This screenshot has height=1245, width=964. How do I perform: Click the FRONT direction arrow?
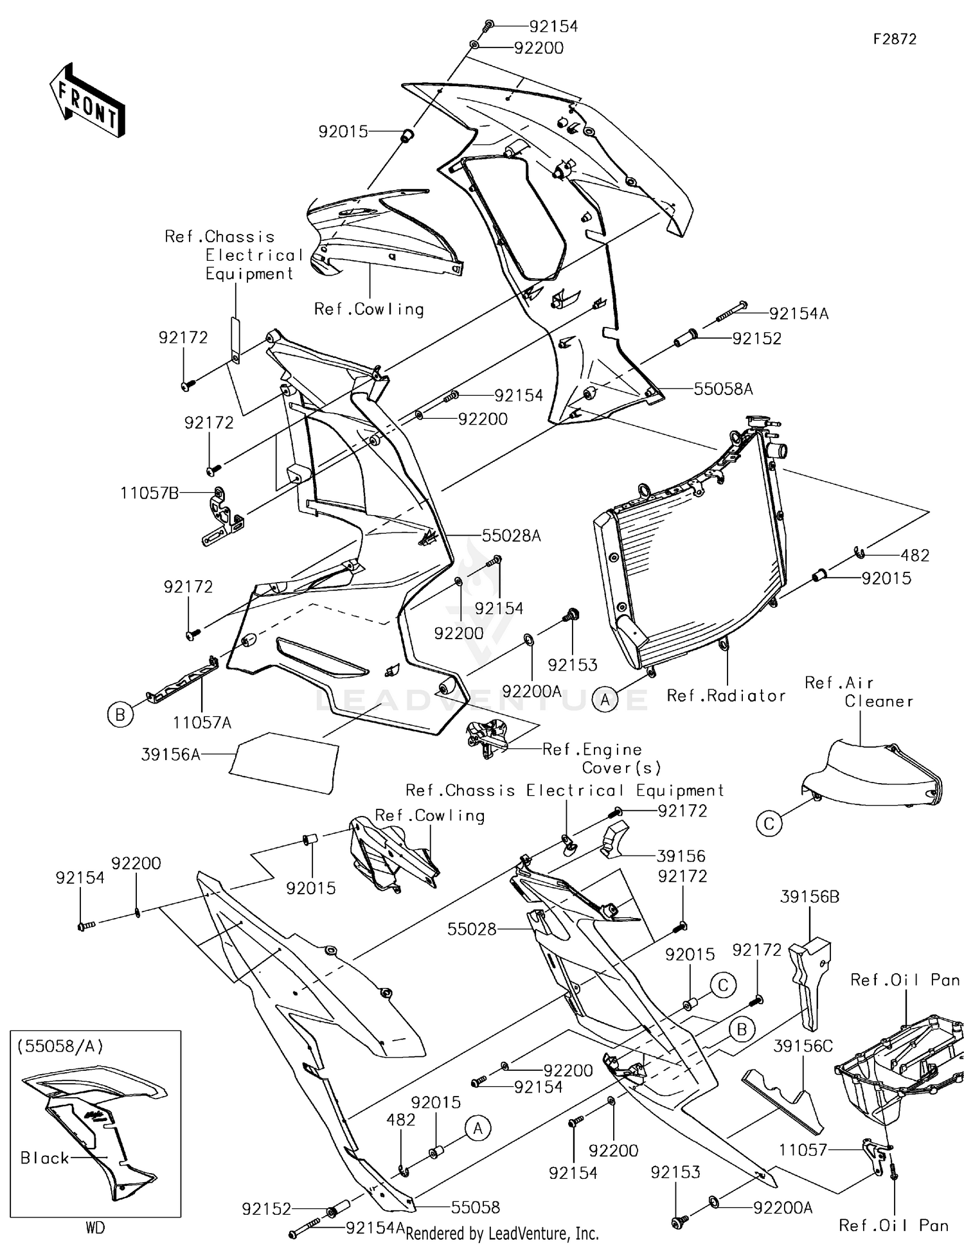[x=87, y=101]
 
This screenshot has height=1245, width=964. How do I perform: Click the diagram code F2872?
[x=894, y=39]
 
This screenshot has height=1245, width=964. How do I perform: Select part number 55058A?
[x=723, y=389]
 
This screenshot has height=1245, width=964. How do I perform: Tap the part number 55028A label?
[x=511, y=535]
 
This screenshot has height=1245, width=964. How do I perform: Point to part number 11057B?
[x=149, y=493]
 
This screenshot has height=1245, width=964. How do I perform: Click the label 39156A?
[x=170, y=754]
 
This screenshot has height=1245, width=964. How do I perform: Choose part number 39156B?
[x=809, y=897]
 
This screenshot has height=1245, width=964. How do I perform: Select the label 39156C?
[x=802, y=1046]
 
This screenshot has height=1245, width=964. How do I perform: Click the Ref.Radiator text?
[x=726, y=696]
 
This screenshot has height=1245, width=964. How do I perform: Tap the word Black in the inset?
[x=44, y=1158]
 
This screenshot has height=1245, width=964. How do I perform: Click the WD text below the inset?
[x=95, y=1228]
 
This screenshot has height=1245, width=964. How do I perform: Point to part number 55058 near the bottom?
[x=475, y=1207]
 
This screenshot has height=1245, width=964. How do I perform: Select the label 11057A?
[x=202, y=723]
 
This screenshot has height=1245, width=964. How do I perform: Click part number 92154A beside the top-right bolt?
[x=799, y=313]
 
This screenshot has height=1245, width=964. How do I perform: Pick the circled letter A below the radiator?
[x=605, y=699]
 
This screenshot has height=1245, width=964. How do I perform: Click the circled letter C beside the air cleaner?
[x=769, y=823]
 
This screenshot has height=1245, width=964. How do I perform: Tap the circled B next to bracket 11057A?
[x=120, y=714]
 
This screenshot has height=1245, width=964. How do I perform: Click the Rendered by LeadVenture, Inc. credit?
[x=502, y=1233]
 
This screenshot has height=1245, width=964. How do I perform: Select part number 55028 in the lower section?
[x=472, y=929]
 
